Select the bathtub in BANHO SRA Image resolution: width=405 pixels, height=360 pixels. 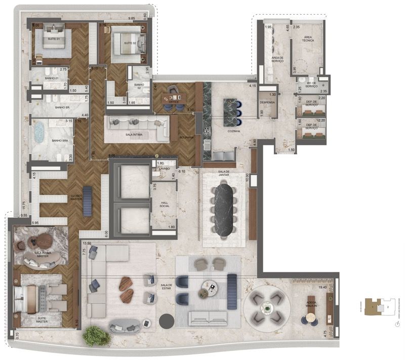tap(38, 134)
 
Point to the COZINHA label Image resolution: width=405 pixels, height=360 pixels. tap(233, 131)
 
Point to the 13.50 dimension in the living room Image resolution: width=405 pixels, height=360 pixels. tap(87, 243)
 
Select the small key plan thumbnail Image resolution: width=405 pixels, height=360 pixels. tap(379, 306)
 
